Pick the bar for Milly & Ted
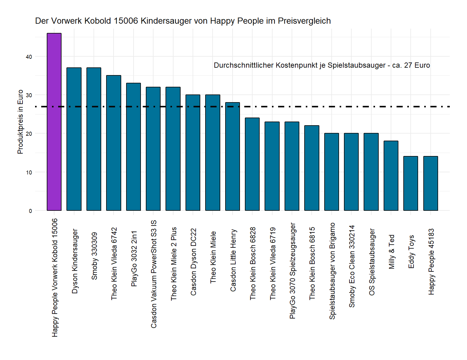[x=391, y=176]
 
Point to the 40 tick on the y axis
[x=29, y=57]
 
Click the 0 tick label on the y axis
[x=30, y=211]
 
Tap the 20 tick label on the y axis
[x=29, y=134]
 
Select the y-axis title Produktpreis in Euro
[x=20, y=122]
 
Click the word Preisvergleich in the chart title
[x=304, y=21]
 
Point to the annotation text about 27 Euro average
[x=322, y=65]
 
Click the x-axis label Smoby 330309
[x=94, y=256]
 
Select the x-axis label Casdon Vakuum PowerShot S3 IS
[x=154, y=274]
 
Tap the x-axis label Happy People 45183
[x=431, y=262]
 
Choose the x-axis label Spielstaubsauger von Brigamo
[x=332, y=271]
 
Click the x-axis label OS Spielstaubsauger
[x=372, y=262]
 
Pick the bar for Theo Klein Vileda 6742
[x=114, y=143]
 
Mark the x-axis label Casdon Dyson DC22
[x=194, y=262]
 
